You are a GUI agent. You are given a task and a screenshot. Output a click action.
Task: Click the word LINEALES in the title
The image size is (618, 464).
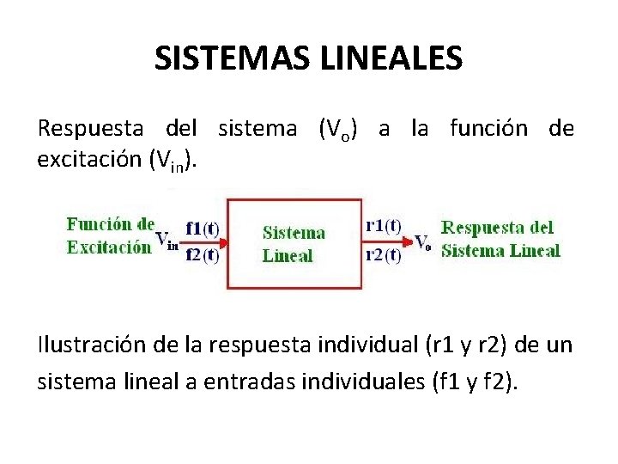[x=397, y=58]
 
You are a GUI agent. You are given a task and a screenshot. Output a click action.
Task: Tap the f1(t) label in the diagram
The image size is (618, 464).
[x=203, y=229]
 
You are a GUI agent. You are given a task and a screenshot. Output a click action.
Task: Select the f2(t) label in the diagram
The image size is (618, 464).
[x=203, y=253]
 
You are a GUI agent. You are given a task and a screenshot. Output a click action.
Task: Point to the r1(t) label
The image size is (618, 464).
[x=383, y=226]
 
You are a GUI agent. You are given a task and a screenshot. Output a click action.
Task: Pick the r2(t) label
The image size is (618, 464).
[x=383, y=253]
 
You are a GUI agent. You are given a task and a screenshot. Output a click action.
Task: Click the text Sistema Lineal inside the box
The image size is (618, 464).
[x=294, y=243]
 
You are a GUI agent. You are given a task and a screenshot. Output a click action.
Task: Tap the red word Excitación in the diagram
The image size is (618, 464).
[x=109, y=247]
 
